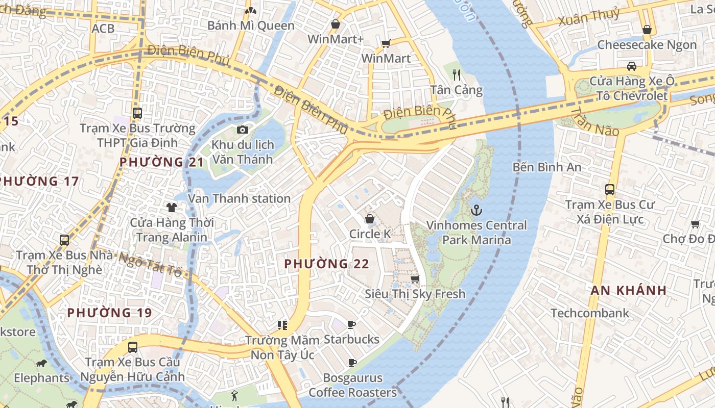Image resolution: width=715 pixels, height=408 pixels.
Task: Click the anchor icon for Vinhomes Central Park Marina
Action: [x=476, y=210]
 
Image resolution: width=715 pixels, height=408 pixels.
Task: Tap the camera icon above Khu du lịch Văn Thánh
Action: [x=243, y=130]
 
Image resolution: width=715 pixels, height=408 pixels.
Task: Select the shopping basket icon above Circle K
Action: [x=369, y=219]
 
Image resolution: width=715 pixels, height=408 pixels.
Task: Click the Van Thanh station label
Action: [x=239, y=198]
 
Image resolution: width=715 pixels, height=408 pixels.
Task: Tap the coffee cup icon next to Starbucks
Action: [x=351, y=324]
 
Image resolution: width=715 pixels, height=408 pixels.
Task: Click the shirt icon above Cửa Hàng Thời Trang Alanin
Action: [x=171, y=207]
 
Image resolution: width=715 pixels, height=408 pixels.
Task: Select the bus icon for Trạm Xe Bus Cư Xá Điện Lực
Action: [x=609, y=189]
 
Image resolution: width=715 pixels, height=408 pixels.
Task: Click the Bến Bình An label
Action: [x=547, y=167]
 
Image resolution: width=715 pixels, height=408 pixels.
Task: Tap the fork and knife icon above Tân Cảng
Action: [x=457, y=75]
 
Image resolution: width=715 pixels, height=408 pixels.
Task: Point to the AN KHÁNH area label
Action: [x=628, y=290]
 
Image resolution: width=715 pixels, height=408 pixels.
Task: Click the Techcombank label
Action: [x=589, y=313]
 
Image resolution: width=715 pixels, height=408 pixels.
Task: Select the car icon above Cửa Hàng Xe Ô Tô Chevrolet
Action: [x=632, y=66]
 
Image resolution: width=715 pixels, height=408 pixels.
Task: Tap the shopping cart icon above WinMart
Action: [x=386, y=43]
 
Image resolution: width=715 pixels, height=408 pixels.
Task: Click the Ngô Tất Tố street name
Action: [x=150, y=263]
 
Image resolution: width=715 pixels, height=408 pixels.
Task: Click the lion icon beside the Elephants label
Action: [x=41, y=363]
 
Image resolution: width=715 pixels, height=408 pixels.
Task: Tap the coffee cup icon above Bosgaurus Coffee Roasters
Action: [x=352, y=363]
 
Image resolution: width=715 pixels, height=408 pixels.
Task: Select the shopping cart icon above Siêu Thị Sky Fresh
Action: [x=415, y=279]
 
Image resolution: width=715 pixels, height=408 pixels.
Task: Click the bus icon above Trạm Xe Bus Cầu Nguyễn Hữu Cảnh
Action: [x=132, y=347]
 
